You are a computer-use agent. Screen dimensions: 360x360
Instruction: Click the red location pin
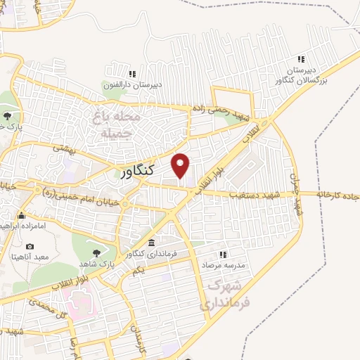point(181,165)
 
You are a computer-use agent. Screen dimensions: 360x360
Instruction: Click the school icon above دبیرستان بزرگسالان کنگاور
point(301,59)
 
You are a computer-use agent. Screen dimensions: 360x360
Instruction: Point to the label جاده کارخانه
point(335,193)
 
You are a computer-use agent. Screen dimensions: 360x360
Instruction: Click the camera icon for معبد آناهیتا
point(30,246)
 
